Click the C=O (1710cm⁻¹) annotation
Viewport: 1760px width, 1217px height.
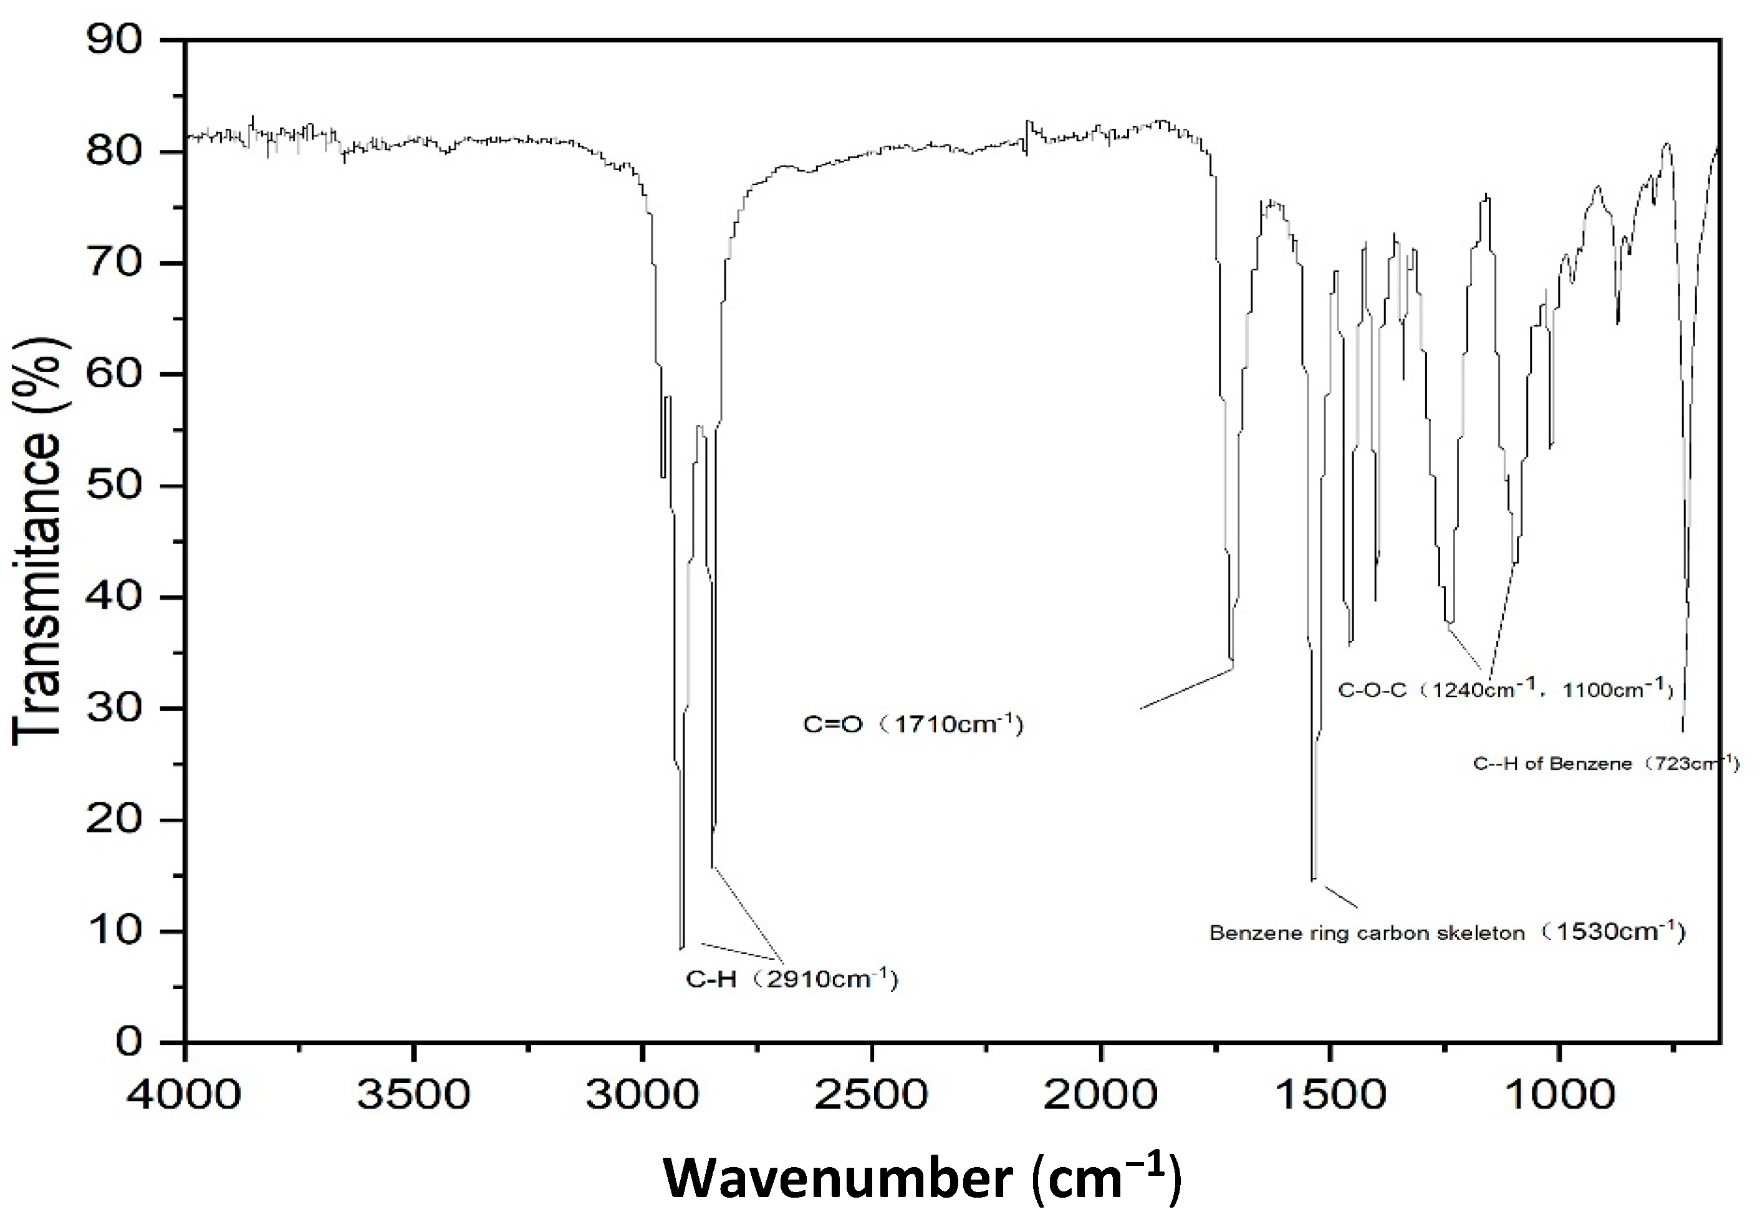pos(913,724)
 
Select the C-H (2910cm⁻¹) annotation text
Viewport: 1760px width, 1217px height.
pos(792,978)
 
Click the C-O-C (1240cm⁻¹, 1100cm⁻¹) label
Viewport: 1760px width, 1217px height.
pos(1505,690)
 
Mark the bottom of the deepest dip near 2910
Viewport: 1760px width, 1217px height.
pos(681,947)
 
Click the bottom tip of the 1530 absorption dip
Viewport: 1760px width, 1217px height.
pos(1313,879)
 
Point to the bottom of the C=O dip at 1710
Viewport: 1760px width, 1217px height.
pos(1231,660)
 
